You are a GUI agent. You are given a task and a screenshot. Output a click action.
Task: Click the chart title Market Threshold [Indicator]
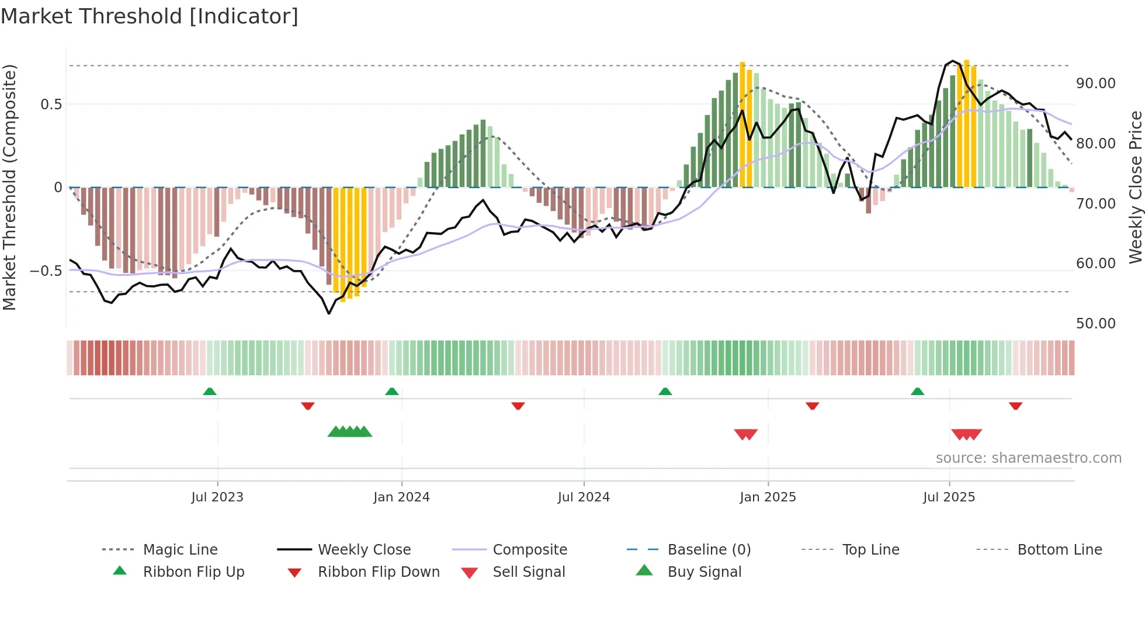[150, 16]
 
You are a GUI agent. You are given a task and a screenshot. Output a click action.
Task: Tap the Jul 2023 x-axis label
[217, 497]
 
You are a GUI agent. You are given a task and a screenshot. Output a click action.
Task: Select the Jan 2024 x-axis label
[401, 497]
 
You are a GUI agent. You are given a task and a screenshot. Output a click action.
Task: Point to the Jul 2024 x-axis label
[584, 497]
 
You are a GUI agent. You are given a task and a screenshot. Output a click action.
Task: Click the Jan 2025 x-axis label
[768, 497]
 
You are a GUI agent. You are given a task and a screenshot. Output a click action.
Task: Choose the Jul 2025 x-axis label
[949, 497]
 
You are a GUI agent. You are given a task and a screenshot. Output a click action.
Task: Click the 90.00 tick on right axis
[1096, 84]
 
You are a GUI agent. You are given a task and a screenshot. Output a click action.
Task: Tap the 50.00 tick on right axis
[1096, 324]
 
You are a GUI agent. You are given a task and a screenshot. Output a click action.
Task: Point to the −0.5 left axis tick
[46, 271]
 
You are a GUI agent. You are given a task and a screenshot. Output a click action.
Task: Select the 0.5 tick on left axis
[51, 105]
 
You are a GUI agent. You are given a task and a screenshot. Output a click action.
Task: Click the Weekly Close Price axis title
[1135, 187]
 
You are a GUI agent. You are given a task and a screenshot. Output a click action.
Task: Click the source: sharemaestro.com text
[1028, 458]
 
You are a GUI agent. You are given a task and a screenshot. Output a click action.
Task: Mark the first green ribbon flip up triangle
[210, 392]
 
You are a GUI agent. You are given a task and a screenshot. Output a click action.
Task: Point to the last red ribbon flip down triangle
[1015, 406]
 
